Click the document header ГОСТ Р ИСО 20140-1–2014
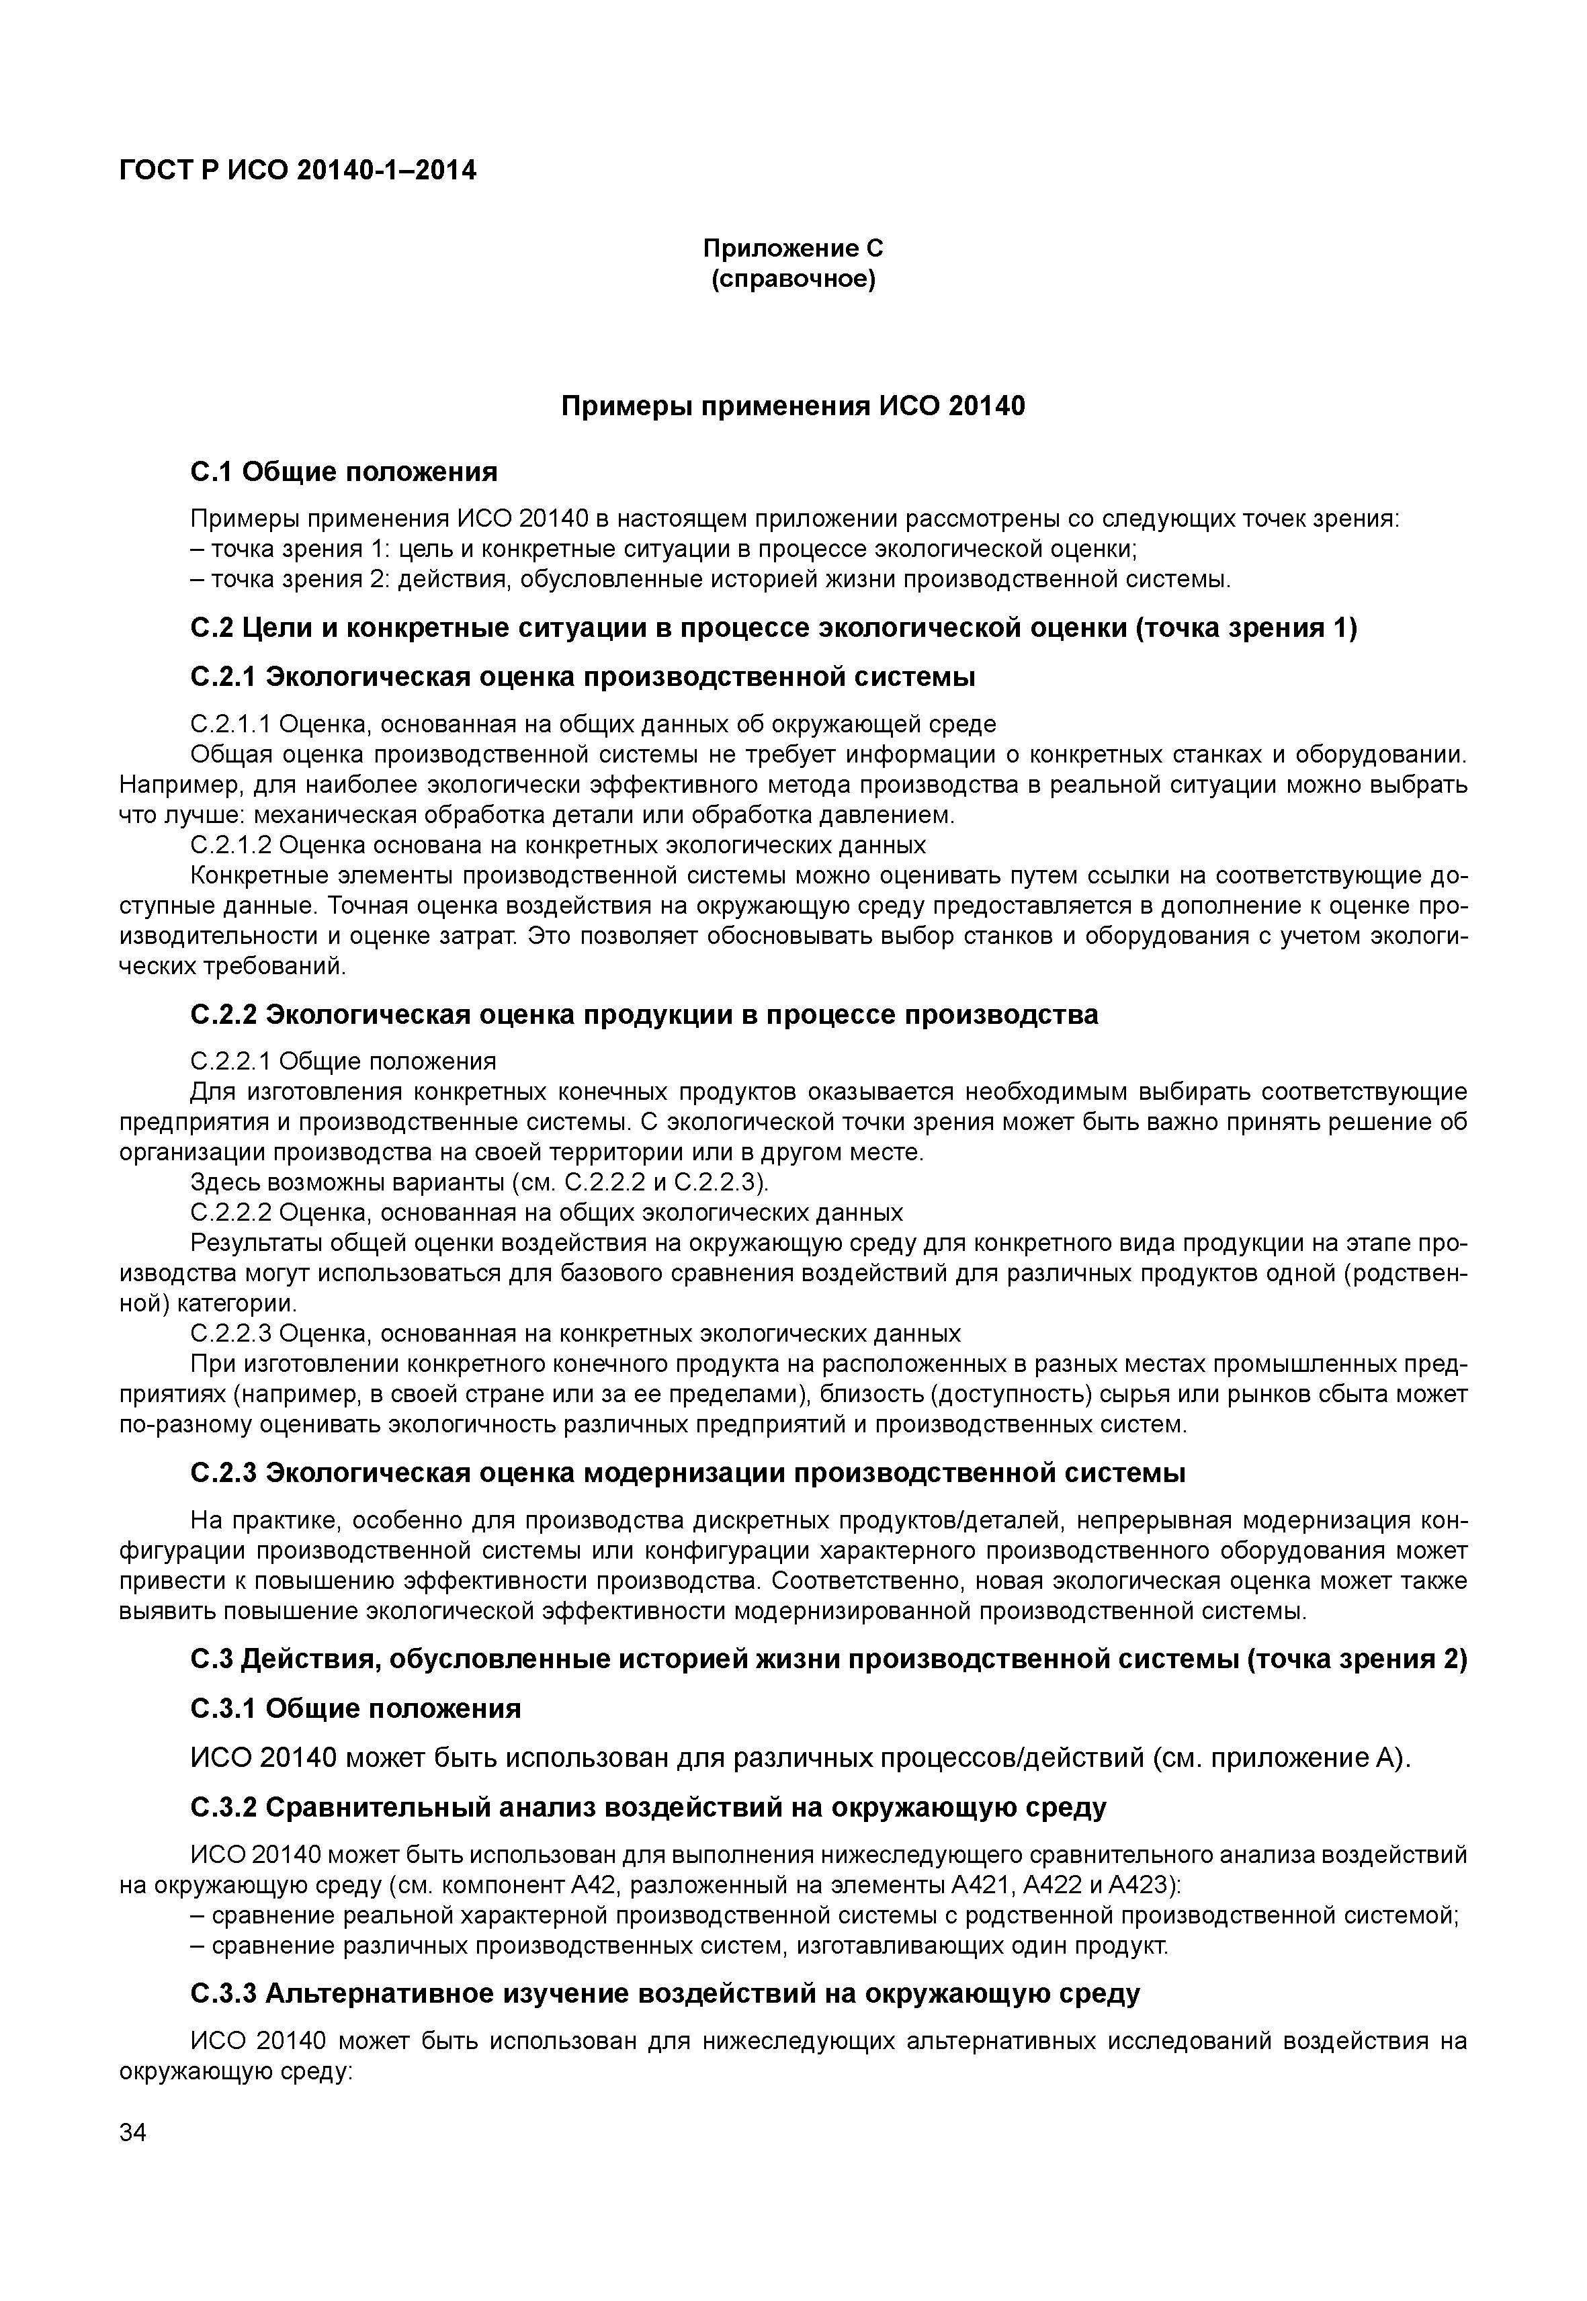click(x=298, y=171)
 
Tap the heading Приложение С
click(x=793, y=248)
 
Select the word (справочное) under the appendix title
click(x=793, y=279)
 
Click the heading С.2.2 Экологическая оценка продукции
click(x=644, y=1014)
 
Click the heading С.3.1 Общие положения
click(x=355, y=1708)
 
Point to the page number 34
click(x=132, y=2133)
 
